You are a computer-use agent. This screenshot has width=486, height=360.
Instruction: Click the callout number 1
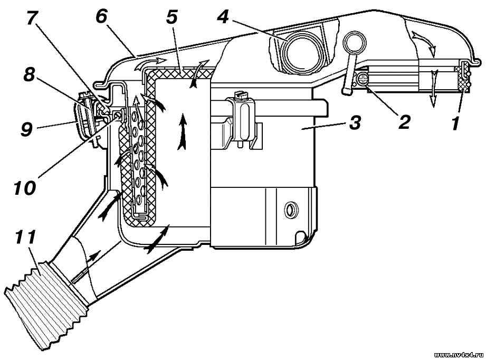pyautogui.click(x=454, y=124)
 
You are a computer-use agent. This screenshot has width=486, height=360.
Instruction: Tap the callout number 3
pyautogui.click(x=355, y=123)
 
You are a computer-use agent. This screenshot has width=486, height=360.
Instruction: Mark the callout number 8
pyautogui.click(x=29, y=75)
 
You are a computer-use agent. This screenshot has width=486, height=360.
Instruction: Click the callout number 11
pyautogui.click(x=25, y=237)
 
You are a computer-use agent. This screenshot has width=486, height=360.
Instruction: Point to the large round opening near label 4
pyautogui.click(x=301, y=53)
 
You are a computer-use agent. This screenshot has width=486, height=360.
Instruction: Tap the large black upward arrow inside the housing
pyautogui.click(x=183, y=131)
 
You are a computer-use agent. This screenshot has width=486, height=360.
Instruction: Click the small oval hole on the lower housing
pyautogui.click(x=291, y=210)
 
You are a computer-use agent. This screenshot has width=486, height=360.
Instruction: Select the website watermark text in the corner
pyautogui.click(x=459, y=355)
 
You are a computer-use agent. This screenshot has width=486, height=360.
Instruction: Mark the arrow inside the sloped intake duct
pyautogui.click(x=86, y=267)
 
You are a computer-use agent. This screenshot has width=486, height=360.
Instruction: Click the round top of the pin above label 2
pyautogui.click(x=354, y=41)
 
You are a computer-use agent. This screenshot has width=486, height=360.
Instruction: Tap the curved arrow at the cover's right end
pyautogui.click(x=424, y=40)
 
